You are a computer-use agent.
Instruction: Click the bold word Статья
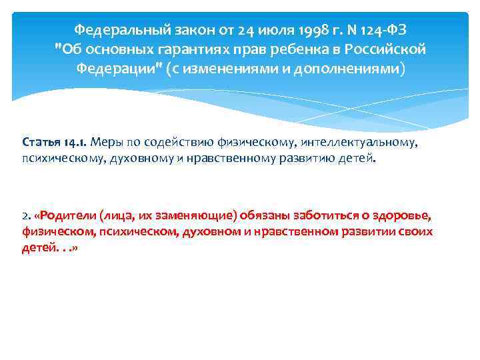42,142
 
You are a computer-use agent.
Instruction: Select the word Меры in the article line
105,142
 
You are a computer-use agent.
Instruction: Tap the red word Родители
68,215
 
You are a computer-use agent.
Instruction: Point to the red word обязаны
242,215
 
